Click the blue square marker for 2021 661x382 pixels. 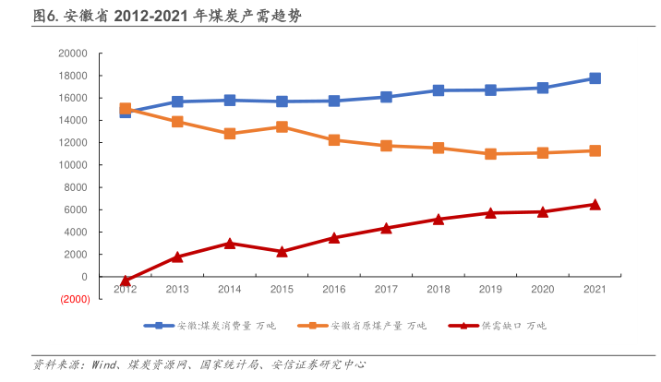point(595,78)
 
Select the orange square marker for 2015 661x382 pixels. point(282,126)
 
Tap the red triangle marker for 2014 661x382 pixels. point(230,243)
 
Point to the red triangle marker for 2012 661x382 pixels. point(126,280)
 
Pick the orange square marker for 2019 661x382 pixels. point(491,154)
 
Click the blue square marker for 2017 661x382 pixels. point(387,97)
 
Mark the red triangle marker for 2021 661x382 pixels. point(595,204)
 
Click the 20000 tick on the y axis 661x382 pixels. point(73,54)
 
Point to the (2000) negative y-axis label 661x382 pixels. point(75,299)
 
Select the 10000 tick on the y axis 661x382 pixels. point(73,165)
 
